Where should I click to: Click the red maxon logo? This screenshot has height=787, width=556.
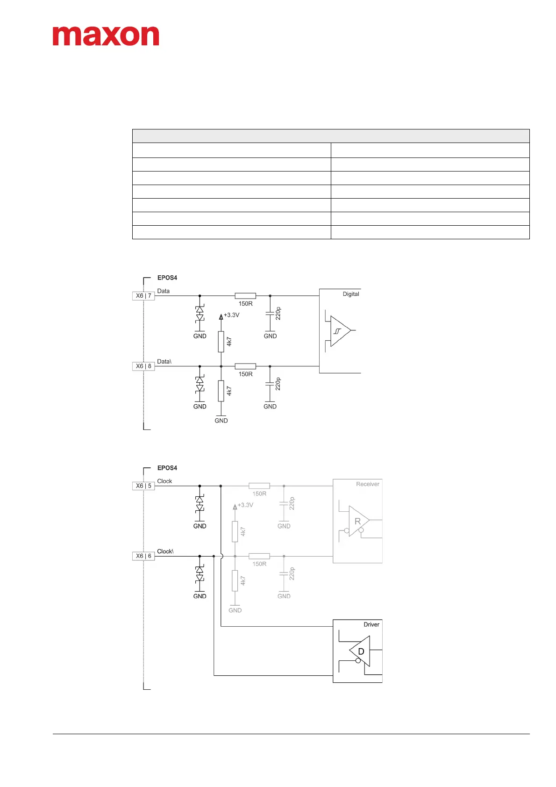[106, 36]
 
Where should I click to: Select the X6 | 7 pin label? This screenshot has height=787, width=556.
[143, 296]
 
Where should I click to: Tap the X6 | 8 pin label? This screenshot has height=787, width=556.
[143, 366]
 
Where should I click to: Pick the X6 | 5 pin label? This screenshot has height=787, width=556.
[143, 486]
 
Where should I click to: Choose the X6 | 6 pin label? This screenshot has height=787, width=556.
[143, 556]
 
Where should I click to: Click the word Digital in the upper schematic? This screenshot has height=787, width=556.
[351, 294]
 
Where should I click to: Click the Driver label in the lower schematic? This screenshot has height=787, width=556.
[371, 624]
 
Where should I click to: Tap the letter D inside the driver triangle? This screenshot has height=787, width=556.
[361, 651]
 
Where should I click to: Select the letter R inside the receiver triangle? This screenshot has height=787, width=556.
[357, 522]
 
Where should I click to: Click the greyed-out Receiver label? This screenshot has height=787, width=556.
[368, 484]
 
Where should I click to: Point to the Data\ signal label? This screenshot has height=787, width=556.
[164, 361]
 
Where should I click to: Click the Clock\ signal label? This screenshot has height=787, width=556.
[165, 551]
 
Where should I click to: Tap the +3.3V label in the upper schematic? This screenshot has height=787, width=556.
[231, 315]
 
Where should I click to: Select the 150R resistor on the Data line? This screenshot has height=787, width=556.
[245, 296]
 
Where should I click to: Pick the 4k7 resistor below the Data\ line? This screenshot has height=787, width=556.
[221, 391]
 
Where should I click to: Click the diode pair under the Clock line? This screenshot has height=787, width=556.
[200, 504]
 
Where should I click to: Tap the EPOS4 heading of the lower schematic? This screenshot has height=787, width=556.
[167, 468]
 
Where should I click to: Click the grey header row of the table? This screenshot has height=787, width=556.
[331, 136]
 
